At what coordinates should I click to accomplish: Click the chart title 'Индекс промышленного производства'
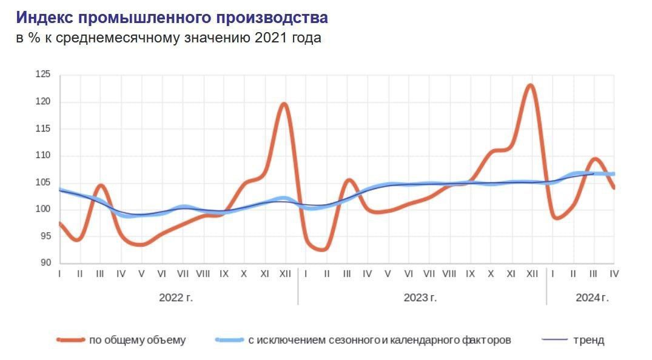click(172, 17)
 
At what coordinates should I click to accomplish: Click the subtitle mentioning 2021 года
click(169, 38)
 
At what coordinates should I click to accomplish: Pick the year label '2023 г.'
click(420, 298)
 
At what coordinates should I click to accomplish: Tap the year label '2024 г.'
click(591, 298)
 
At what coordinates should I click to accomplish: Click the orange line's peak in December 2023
click(531, 85)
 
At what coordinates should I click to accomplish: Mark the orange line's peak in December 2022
click(284, 104)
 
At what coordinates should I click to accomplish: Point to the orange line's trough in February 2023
click(324, 249)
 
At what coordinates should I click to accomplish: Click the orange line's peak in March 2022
click(101, 185)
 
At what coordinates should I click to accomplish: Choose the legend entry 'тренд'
click(588, 340)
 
